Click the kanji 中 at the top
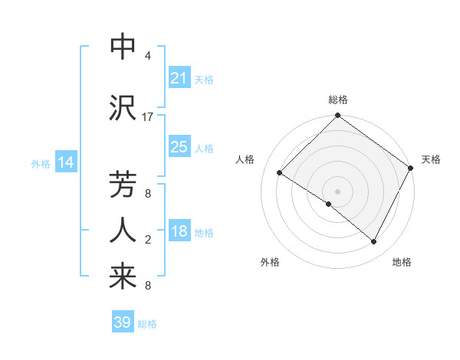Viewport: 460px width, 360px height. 123,47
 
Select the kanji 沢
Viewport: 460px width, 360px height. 123,106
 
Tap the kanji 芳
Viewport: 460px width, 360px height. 123,186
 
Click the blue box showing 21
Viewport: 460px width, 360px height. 179,78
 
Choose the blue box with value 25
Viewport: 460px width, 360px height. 179,147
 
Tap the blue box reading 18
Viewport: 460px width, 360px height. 179,232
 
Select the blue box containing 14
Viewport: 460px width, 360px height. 66,162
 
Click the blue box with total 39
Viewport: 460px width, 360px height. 123,322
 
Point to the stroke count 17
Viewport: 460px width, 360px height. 148,117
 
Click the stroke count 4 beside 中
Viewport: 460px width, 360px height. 148,56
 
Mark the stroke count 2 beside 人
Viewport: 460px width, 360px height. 148,241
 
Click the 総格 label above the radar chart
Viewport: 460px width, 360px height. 337,100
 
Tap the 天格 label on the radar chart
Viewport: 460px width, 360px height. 431,159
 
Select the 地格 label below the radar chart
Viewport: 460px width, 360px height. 402,262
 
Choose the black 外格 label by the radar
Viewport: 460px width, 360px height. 270,262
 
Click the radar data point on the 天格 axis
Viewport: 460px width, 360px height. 410,168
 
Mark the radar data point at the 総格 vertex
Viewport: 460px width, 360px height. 337,116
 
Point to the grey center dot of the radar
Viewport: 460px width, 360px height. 337,191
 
